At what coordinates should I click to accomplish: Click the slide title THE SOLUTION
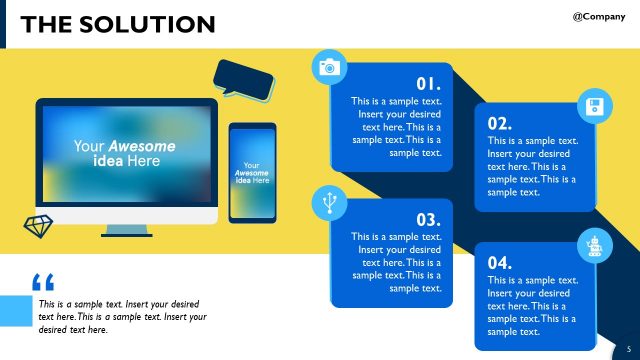(x=117, y=24)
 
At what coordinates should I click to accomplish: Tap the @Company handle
(x=599, y=17)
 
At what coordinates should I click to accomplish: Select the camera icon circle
(x=328, y=67)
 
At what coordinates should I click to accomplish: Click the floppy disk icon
(x=595, y=107)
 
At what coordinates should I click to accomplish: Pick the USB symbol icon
(x=328, y=202)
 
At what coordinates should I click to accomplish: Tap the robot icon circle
(x=593, y=245)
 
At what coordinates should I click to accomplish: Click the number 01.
(x=428, y=84)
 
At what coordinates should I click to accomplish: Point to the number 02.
(x=500, y=123)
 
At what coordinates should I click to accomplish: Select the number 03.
(x=428, y=218)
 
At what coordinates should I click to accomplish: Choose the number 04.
(x=500, y=262)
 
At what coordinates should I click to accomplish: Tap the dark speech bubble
(x=244, y=78)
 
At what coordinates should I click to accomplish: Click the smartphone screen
(x=252, y=172)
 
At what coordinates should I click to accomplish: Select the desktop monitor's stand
(x=127, y=231)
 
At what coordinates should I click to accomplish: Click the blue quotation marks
(x=43, y=283)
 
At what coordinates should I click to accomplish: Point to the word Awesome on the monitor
(x=141, y=147)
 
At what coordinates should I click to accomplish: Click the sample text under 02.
(x=532, y=167)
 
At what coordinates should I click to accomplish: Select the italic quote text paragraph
(x=122, y=316)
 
